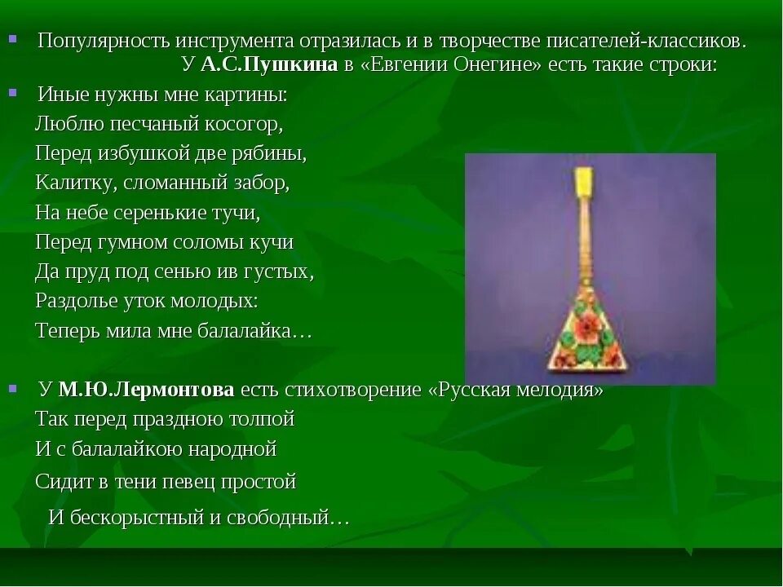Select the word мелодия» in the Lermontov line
click(564, 389)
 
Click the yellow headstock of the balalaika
click(583, 183)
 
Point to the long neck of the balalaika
click(585, 245)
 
